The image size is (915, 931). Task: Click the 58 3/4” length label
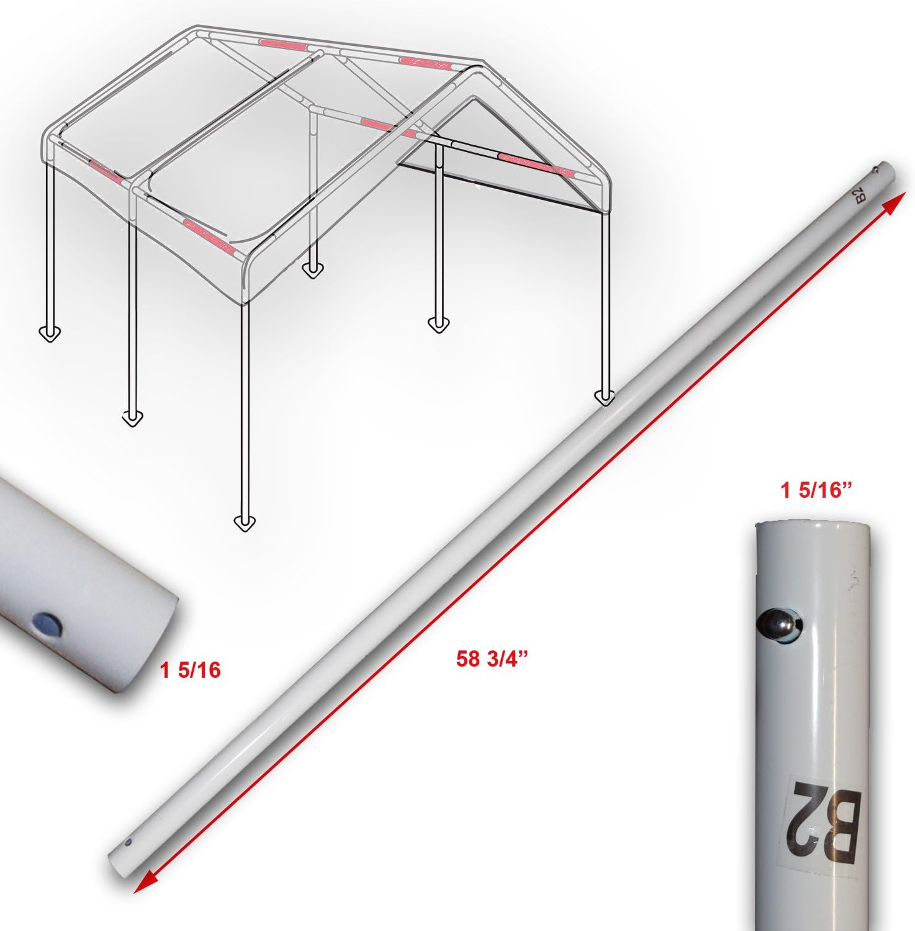492,659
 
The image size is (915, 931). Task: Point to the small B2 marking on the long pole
860,198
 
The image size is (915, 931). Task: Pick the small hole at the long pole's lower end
128,843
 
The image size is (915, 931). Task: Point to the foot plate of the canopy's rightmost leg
604,397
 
